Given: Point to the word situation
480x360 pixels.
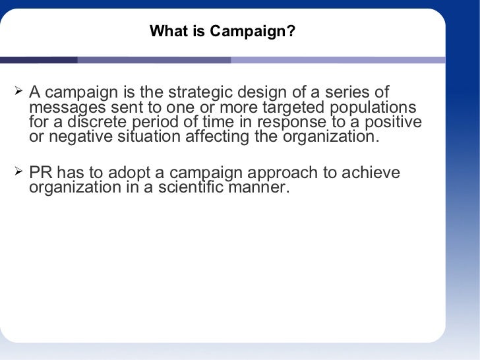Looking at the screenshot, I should [151, 138].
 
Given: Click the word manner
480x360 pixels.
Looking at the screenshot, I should [265, 188].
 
